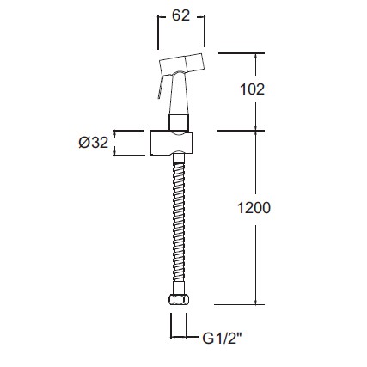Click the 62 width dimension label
click(x=180, y=15)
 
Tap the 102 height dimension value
click(x=252, y=89)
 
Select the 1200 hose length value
click(x=254, y=208)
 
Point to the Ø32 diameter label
click(x=94, y=143)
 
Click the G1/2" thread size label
click(x=222, y=339)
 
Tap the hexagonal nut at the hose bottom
click(x=179, y=299)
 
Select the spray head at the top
click(x=182, y=64)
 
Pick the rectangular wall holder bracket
click(x=171, y=144)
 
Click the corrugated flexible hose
click(x=179, y=223)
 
